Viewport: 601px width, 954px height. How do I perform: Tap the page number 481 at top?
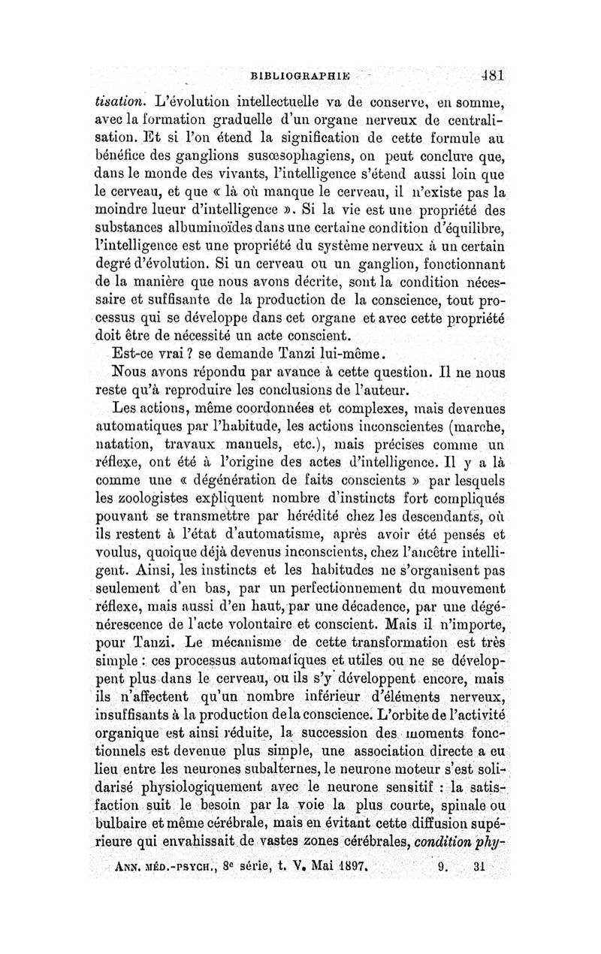tap(489, 74)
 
